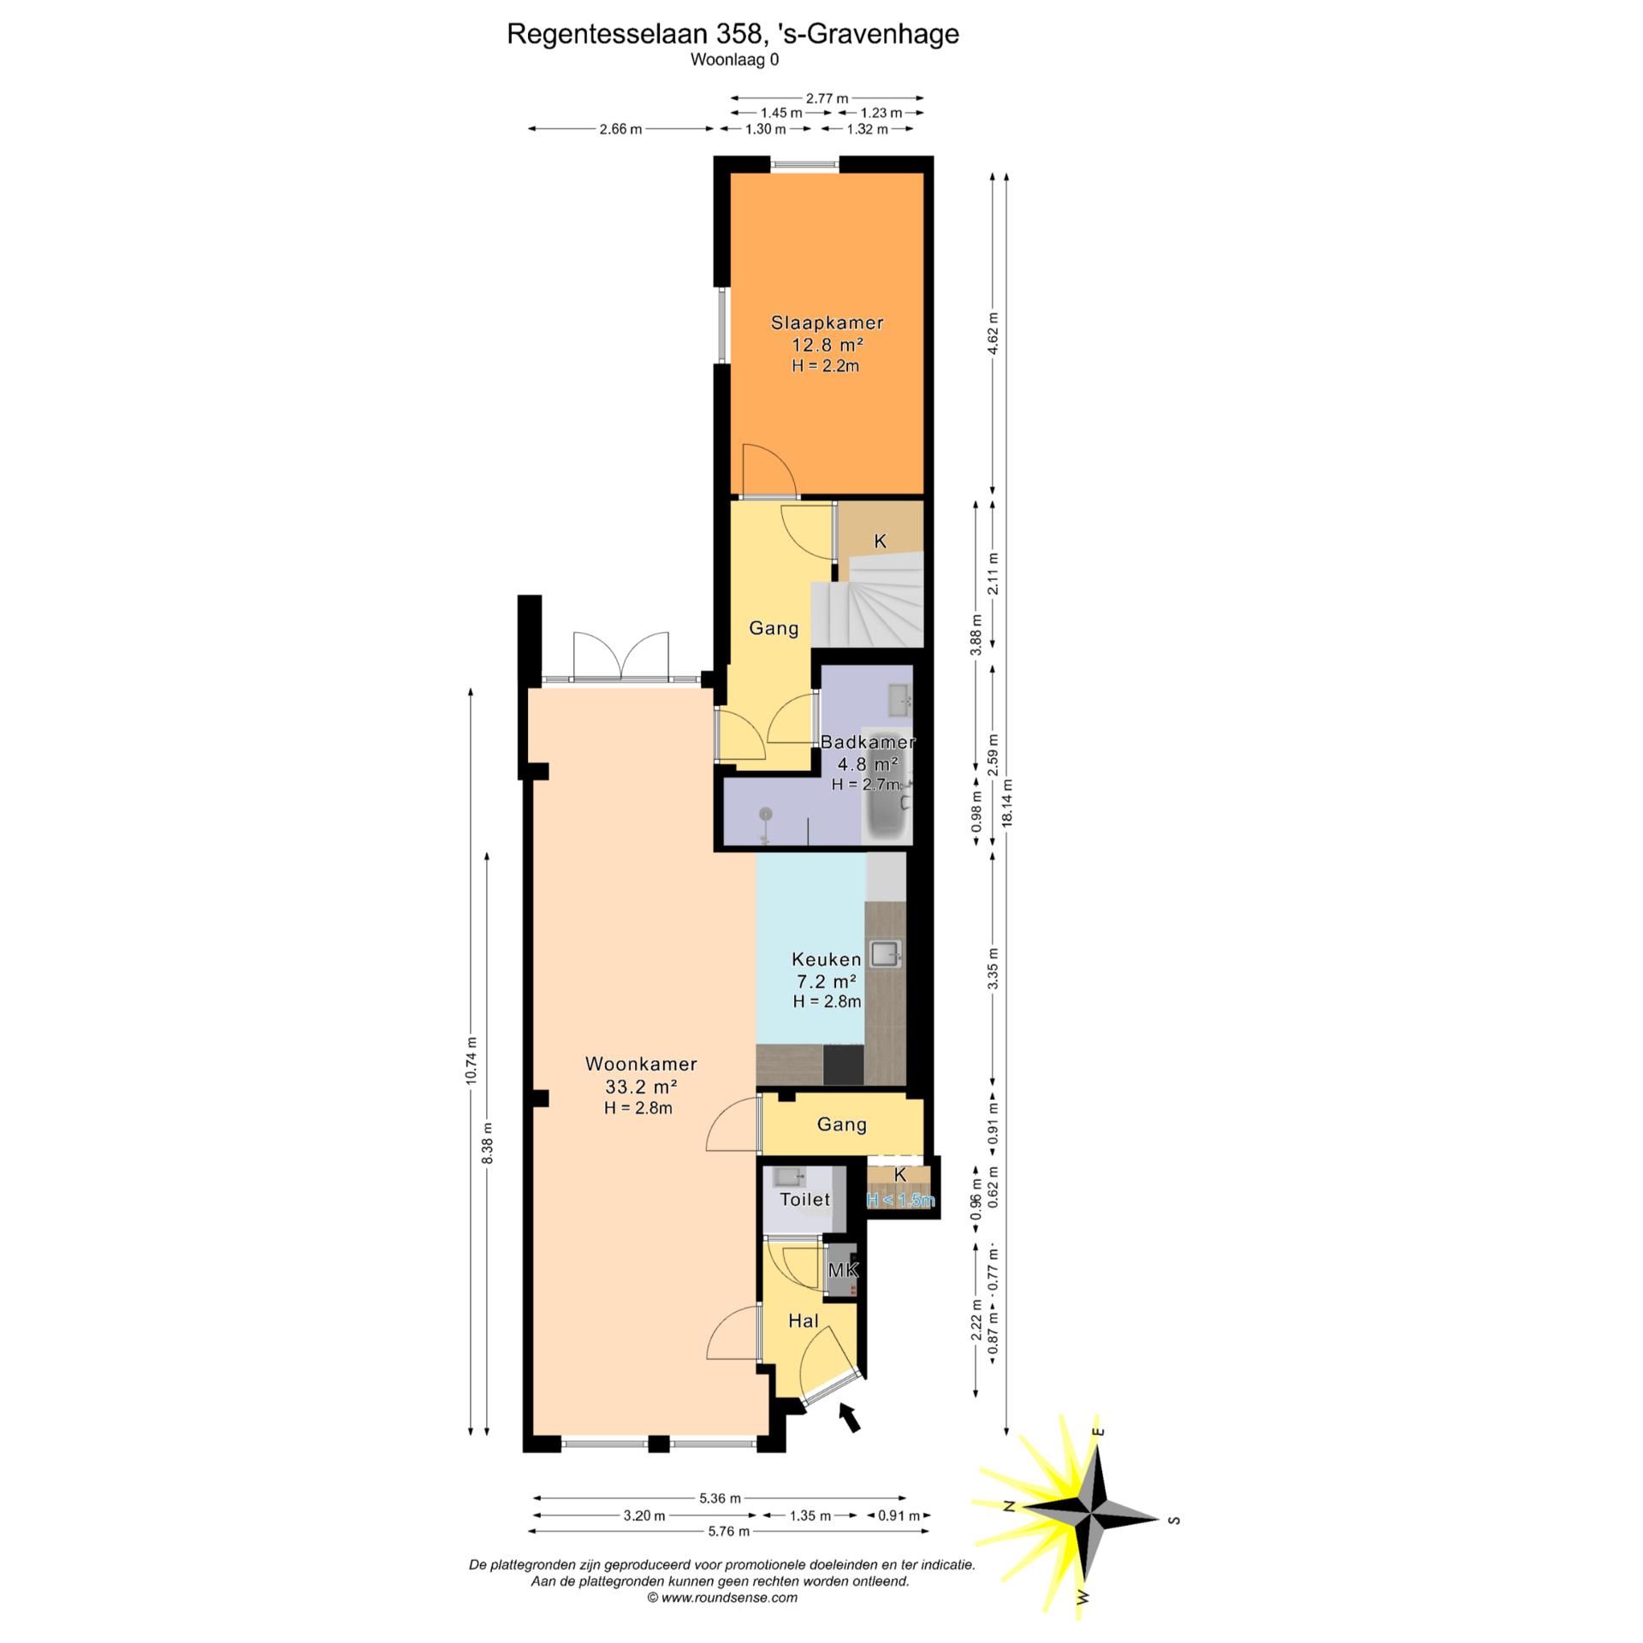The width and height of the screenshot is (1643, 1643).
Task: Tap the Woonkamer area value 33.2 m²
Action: click(x=641, y=1087)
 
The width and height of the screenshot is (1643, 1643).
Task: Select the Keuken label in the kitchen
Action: click(x=826, y=959)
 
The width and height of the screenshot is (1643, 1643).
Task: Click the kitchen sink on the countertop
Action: click(x=885, y=953)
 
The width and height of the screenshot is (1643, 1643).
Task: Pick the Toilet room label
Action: click(x=804, y=1199)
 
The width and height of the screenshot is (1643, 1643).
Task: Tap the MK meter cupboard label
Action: click(x=842, y=1270)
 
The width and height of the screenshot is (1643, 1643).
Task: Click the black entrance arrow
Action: click(x=849, y=1416)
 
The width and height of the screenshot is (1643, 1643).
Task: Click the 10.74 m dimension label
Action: click(x=471, y=1060)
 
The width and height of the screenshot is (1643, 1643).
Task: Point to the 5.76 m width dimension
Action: click(x=728, y=1531)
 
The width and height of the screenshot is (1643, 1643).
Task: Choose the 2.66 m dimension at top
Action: click(x=620, y=129)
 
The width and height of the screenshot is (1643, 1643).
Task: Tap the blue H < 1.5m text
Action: click(x=900, y=1200)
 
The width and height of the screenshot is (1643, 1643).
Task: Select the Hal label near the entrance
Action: click(x=804, y=1320)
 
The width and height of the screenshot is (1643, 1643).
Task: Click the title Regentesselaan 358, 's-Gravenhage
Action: click(x=733, y=33)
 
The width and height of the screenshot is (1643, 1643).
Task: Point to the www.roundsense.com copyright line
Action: click(x=722, y=1597)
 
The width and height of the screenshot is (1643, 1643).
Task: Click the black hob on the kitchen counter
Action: click(x=843, y=1065)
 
